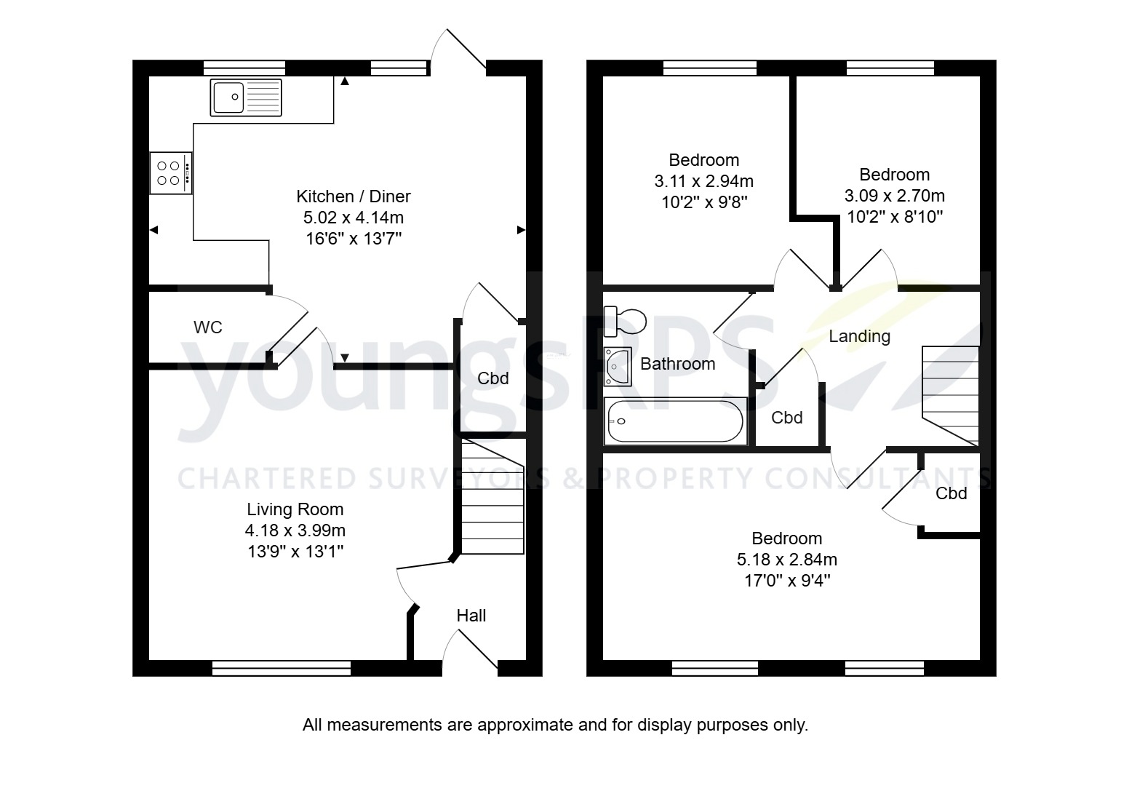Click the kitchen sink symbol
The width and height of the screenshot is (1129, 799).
(x=246, y=98)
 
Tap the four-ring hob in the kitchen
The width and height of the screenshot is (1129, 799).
(x=171, y=173)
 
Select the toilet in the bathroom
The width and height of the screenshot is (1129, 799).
(x=626, y=321)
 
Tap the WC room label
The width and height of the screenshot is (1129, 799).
(x=207, y=327)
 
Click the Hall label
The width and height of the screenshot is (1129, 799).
(x=471, y=616)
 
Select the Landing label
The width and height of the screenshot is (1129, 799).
(x=859, y=336)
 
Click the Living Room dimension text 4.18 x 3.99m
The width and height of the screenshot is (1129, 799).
(x=295, y=530)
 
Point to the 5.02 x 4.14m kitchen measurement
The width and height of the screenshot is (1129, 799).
(x=353, y=218)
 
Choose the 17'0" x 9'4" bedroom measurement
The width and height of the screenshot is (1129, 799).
(x=786, y=581)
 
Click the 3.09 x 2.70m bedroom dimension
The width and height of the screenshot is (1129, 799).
(x=894, y=196)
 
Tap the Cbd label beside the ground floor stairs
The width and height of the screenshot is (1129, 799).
(x=492, y=378)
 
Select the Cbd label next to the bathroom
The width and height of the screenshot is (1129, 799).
(x=786, y=418)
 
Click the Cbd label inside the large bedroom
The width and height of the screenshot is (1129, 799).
(x=951, y=493)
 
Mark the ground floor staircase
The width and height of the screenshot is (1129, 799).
(x=492, y=499)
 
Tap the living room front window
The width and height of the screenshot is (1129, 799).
(x=282, y=668)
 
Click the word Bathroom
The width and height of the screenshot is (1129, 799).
(x=677, y=364)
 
